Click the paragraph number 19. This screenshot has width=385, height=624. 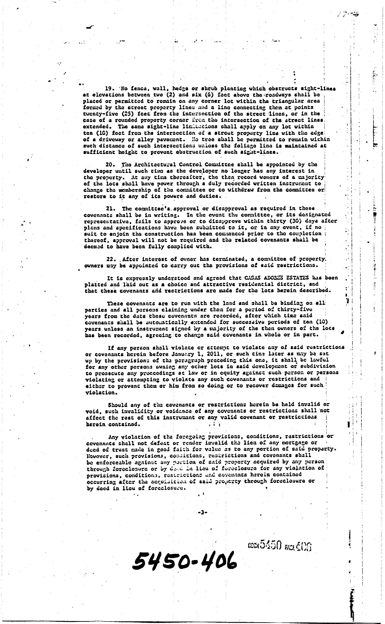110,89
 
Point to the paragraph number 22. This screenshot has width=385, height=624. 111,259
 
